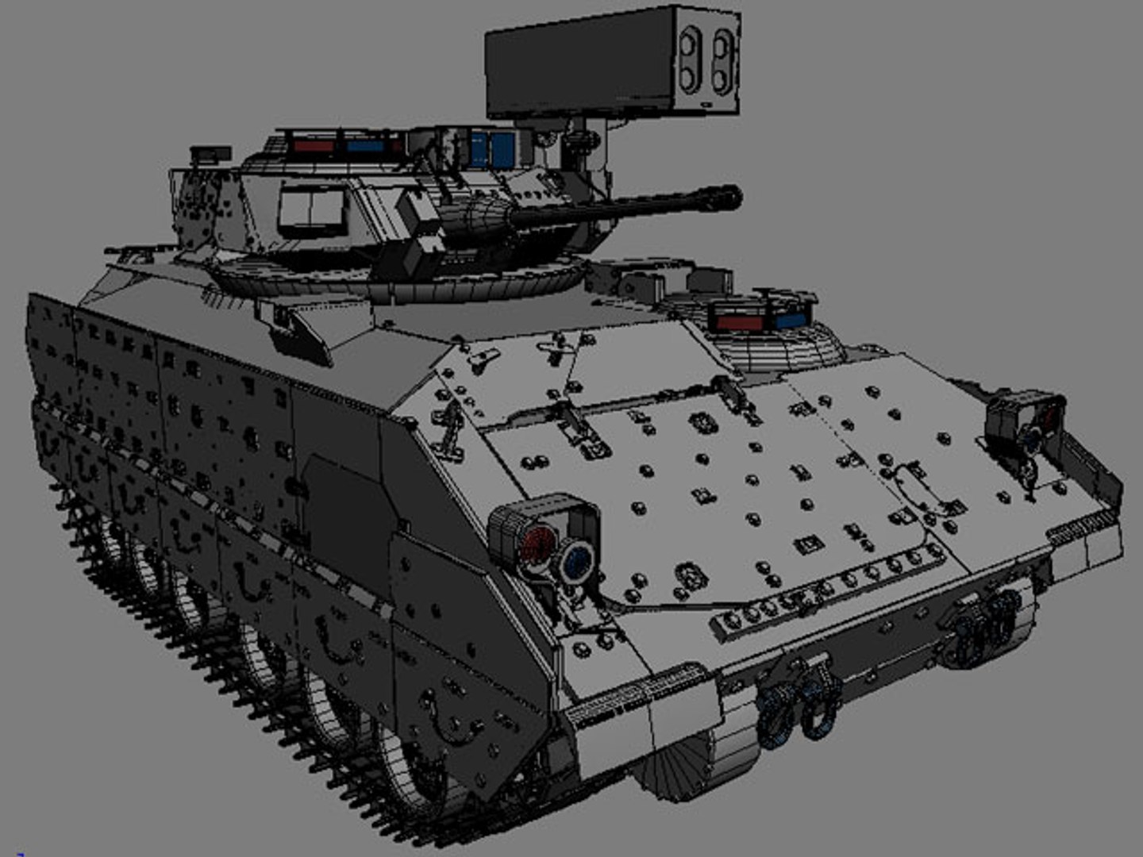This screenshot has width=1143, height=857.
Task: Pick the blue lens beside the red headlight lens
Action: (577, 559)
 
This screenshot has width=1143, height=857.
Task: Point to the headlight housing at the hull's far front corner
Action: (1024, 421)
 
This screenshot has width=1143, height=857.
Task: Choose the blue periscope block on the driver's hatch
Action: (789, 320)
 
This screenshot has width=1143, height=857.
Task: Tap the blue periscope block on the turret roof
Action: (365, 147)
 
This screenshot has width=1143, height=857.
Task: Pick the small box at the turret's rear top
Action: (210, 153)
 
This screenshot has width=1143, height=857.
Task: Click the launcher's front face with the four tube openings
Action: (706, 60)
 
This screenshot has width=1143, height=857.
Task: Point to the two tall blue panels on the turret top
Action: (491, 148)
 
